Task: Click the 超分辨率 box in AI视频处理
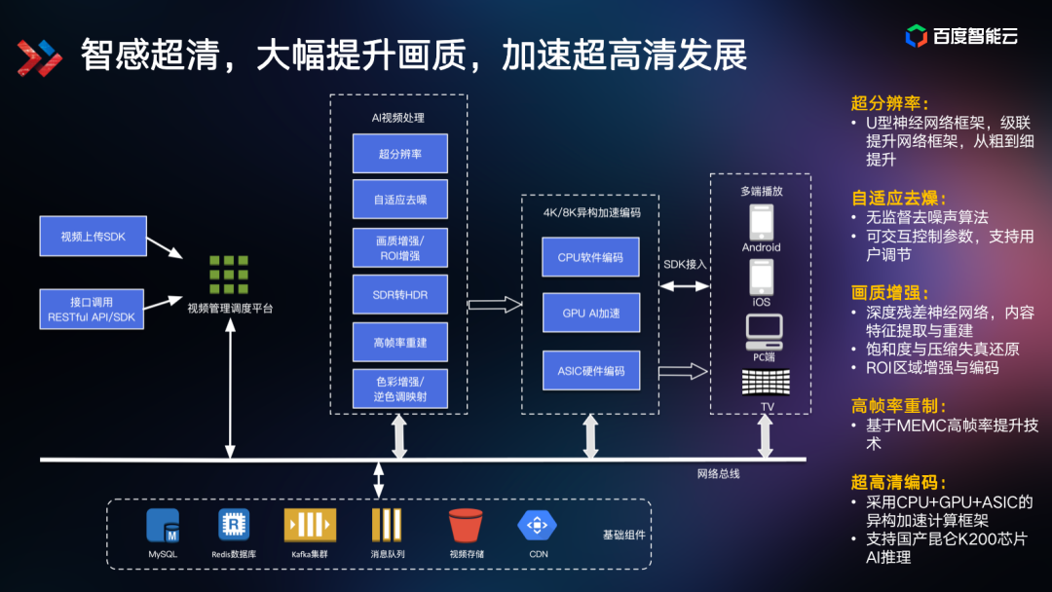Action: click(x=399, y=154)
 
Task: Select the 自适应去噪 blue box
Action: click(x=399, y=200)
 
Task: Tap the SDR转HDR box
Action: click(x=399, y=294)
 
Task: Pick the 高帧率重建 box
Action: click(x=399, y=342)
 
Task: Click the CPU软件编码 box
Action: click(x=590, y=257)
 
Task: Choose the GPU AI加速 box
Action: click(x=590, y=314)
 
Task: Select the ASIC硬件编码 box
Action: click(x=590, y=371)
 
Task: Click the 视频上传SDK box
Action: click(x=93, y=237)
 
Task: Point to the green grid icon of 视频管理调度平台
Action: click(x=229, y=276)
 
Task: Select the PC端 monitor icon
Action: click(x=763, y=332)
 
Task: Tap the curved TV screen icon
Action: click(x=767, y=383)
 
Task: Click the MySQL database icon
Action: click(x=163, y=526)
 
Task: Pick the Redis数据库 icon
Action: click(x=234, y=526)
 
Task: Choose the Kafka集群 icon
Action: click(x=310, y=526)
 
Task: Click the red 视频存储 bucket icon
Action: click(x=467, y=526)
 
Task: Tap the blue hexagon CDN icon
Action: click(x=537, y=526)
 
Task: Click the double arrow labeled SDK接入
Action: click(x=684, y=286)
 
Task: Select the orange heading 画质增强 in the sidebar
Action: click(x=889, y=292)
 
